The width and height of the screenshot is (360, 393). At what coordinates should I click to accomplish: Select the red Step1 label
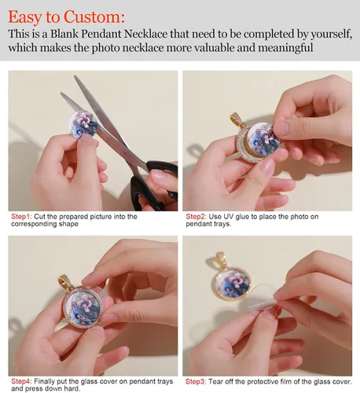[21, 217]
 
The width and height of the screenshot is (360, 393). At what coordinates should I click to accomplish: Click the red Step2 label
[197, 217]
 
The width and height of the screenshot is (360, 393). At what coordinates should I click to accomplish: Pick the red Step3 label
[196, 381]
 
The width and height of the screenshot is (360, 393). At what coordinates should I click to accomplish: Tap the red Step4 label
[21, 381]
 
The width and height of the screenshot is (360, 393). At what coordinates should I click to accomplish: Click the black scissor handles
[153, 185]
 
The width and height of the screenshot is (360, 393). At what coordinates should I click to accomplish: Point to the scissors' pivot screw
[124, 151]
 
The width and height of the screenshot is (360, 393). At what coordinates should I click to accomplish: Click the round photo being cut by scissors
[83, 124]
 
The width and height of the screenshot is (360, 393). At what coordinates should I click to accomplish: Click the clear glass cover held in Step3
[263, 300]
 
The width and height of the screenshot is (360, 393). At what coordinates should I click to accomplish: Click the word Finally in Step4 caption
[44, 381]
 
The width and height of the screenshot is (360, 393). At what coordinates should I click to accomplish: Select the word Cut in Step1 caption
[39, 217]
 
